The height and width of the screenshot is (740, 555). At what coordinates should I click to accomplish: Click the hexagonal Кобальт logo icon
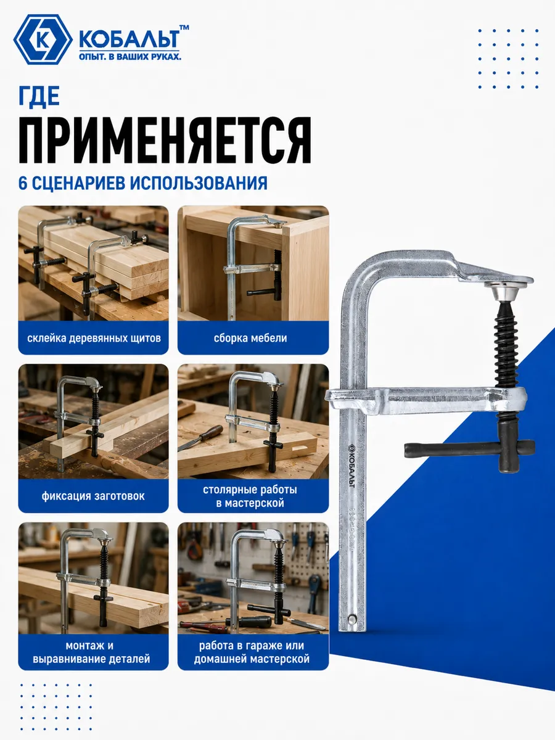(x=43, y=39)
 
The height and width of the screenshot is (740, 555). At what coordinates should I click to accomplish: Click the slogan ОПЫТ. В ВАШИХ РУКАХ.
(x=129, y=57)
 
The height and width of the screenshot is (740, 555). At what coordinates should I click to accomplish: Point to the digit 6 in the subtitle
(x=23, y=184)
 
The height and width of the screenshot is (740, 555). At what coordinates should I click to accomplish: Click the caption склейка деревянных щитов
(x=94, y=338)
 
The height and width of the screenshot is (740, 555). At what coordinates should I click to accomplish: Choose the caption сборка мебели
(x=250, y=338)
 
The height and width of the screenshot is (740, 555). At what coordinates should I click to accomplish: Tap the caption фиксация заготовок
(x=93, y=496)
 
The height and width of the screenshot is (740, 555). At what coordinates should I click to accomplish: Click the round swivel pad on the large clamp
(x=501, y=290)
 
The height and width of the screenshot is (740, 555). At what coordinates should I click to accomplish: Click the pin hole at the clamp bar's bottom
(x=351, y=618)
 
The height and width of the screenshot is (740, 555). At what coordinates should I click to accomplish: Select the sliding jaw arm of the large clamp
(x=425, y=400)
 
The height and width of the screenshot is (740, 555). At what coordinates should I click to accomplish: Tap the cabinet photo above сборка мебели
(x=253, y=263)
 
